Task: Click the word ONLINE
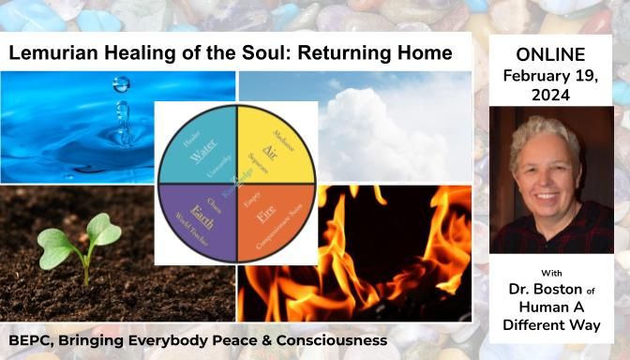[x=551, y=54]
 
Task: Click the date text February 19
[x=551, y=74]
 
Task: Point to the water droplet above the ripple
[x=120, y=85]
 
